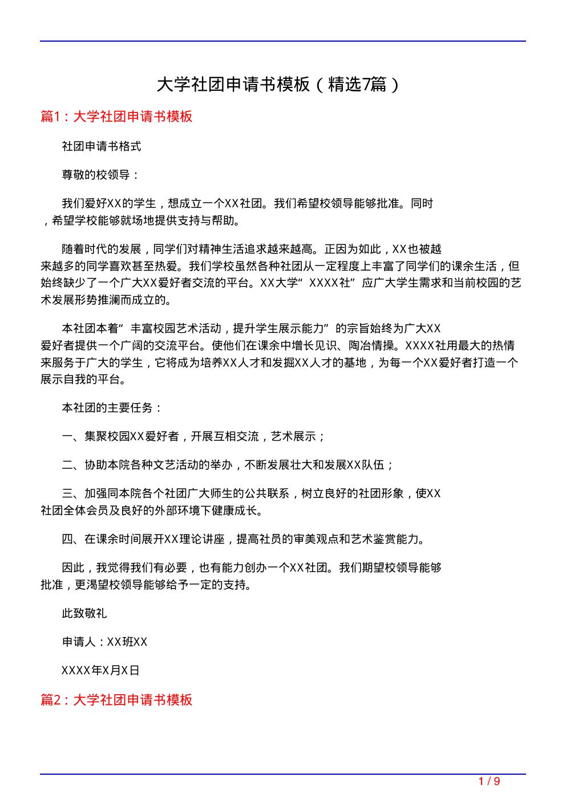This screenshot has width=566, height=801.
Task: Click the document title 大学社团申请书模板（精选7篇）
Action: (x=278, y=84)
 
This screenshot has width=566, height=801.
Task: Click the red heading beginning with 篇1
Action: (x=116, y=116)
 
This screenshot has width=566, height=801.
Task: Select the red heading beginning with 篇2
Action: (x=116, y=700)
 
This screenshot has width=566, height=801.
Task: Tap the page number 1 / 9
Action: (x=489, y=782)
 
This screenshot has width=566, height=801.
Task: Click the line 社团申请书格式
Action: (x=102, y=147)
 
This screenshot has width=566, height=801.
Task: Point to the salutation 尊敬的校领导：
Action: (x=100, y=175)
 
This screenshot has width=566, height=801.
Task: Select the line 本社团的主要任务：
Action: (x=112, y=408)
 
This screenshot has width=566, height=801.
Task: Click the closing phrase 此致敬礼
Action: (x=84, y=614)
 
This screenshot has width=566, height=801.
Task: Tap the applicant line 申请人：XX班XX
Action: (x=104, y=642)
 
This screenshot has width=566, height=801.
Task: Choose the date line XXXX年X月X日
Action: (x=100, y=670)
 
